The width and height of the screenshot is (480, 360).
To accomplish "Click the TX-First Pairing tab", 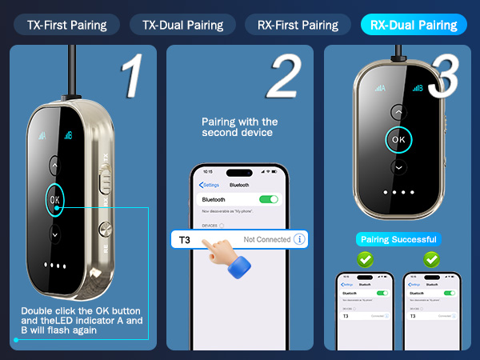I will pos(66,24).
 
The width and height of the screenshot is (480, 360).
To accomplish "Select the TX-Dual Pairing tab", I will pos(182,24).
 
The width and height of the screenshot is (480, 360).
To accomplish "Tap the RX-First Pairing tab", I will pos(298,24).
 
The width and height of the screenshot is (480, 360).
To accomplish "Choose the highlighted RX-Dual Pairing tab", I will pos(413,24).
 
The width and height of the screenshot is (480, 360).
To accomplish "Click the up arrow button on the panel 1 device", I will pos(54,165).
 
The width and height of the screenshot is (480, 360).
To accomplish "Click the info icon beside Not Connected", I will pos(299,239).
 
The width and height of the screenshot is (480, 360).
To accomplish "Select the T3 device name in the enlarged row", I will pos(185,239).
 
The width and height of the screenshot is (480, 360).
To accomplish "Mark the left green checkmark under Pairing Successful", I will pos(365,259).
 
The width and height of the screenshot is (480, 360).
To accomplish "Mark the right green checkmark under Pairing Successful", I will pos(431,259).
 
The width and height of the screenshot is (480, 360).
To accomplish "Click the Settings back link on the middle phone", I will pos(210,185).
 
